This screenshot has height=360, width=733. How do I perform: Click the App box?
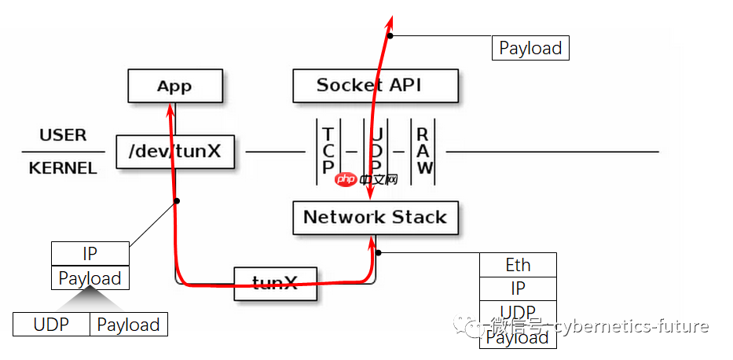click(175, 86)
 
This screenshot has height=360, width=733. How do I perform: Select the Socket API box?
click(375, 85)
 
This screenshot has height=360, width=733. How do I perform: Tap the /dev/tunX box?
click(175, 151)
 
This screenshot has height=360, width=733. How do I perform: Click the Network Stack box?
click(375, 217)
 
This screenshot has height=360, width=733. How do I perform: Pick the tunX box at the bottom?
click(275, 284)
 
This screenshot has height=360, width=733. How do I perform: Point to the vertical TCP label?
click(328, 150)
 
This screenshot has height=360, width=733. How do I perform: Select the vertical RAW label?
click(423, 150)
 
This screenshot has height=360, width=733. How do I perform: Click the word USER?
click(63, 134)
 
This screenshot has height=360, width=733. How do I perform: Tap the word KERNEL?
click(63, 168)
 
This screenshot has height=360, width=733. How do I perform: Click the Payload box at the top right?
click(530, 49)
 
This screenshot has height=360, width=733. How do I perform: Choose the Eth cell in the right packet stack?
click(518, 265)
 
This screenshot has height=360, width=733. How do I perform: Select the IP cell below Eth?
click(518, 288)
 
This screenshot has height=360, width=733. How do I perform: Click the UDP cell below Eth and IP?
click(518, 312)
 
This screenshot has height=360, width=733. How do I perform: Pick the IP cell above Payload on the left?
click(90, 254)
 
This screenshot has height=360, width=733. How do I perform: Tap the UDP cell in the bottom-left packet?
click(51, 325)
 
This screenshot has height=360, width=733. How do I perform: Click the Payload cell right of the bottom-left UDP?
click(128, 325)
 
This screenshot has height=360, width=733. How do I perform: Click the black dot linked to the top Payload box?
click(390, 35)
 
